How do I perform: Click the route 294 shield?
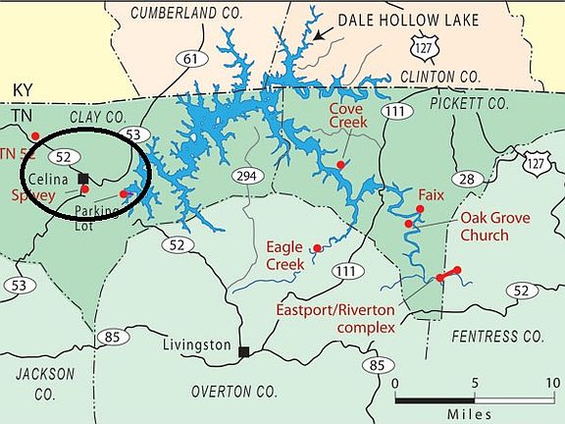(245, 176)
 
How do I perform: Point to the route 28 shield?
(466, 178)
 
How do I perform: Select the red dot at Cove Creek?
(340, 164)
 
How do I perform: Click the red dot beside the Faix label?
(420, 209)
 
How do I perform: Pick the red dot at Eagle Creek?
(317, 249)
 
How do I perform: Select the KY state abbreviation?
(23, 88)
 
